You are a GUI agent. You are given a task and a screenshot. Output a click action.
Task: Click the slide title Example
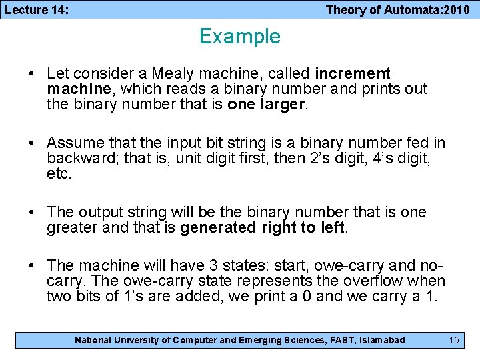[239, 36]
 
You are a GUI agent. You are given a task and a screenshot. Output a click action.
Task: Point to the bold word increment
[353, 73]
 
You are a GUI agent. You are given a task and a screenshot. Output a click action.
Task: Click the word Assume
[76, 143]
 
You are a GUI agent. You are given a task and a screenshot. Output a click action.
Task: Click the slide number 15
[454, 340]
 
